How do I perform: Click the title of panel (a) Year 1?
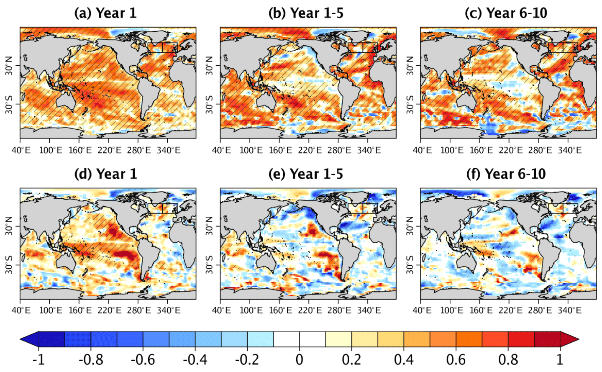pyautogui.click(x=105, y=13)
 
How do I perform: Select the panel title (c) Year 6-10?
pyautogui.click(x=506, y=13)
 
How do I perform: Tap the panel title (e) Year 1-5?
pyautogui.click(x=305, y=174)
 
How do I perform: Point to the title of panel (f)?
pyautogui.click(x=506, y=174)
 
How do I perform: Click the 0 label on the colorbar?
pyautogui.click(x=299, y=359)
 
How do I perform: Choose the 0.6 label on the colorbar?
pyautogui.click(x=456, y=359)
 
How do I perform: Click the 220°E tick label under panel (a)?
pyautogui.click(x=110, y=150)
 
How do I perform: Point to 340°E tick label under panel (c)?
pyautogui.click(x=570, y=150)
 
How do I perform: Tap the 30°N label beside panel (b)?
pyautogui.click(x=209, y=66)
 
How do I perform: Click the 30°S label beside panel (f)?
pyautogui.click(x=410, y=265)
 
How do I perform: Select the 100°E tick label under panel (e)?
pyautogui.click(x=251, y=310)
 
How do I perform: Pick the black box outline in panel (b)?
pyautogui.click(x=363, y=47)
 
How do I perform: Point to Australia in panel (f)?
pyautogui.click(x=467, y=261)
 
